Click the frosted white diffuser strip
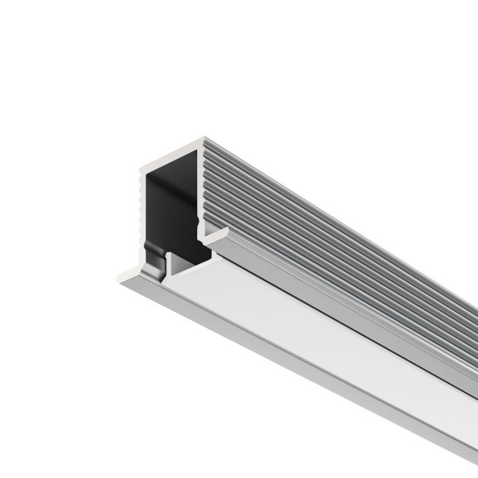(x=331, y=338)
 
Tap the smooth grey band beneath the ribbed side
(x=353, y=309)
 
